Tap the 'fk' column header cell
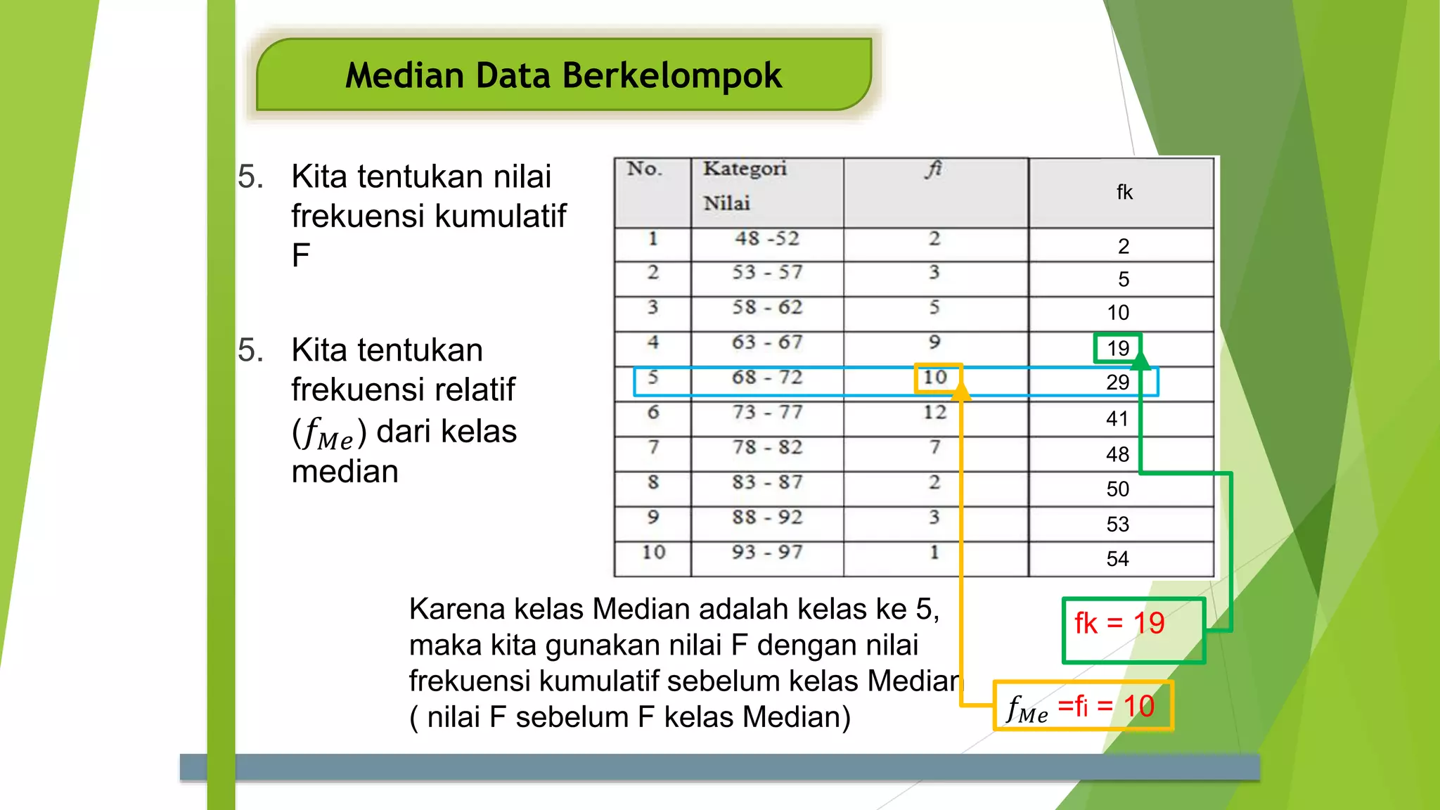[1124, 192]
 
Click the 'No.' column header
[645, 169]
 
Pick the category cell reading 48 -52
[767, 239]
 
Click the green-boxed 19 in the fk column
[1117, 348]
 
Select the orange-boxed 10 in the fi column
[935, 378]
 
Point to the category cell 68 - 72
[767, 378]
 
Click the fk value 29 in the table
[1117, 382]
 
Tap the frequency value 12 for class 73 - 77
[935, 413]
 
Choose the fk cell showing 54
[1117, 559]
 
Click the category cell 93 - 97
[767, 553]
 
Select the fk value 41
[1117, 419]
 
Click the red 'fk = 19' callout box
[1133, 629]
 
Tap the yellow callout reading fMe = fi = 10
[1083, 706]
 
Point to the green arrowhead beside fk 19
[1140, 361]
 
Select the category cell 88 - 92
[767, 517]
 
